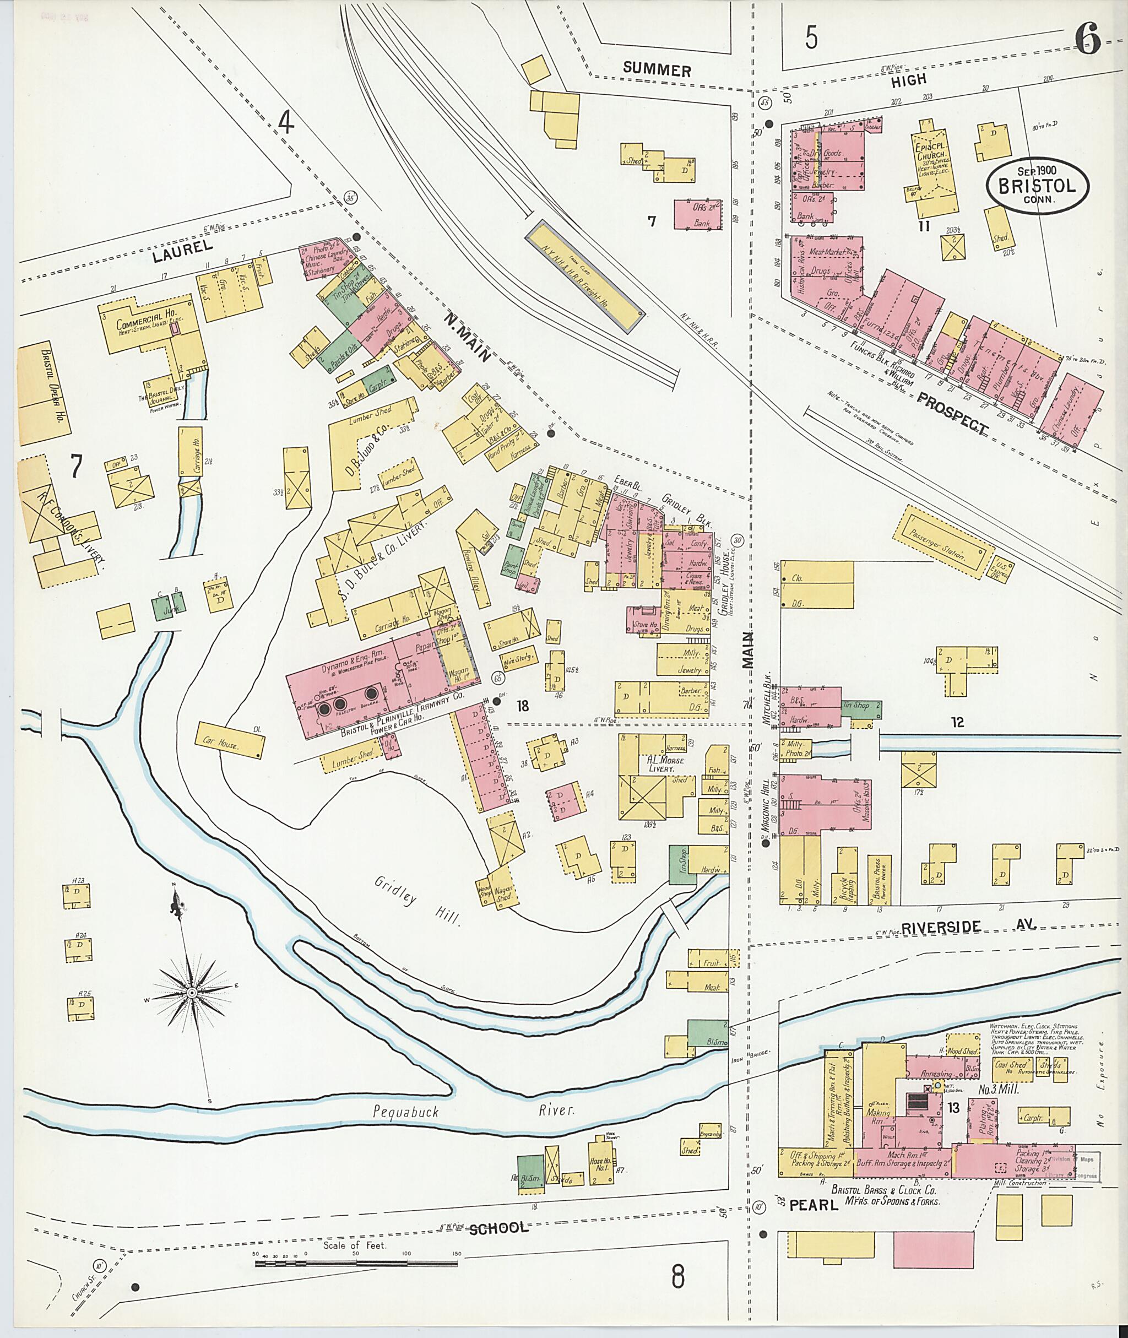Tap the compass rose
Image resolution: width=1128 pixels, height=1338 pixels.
[x=191, y=992]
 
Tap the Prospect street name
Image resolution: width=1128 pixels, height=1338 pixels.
[x=953, y=414]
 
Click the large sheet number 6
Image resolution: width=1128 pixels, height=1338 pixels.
[x=1087, y=40]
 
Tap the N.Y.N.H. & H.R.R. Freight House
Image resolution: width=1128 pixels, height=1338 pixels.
[x=584, y=275]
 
